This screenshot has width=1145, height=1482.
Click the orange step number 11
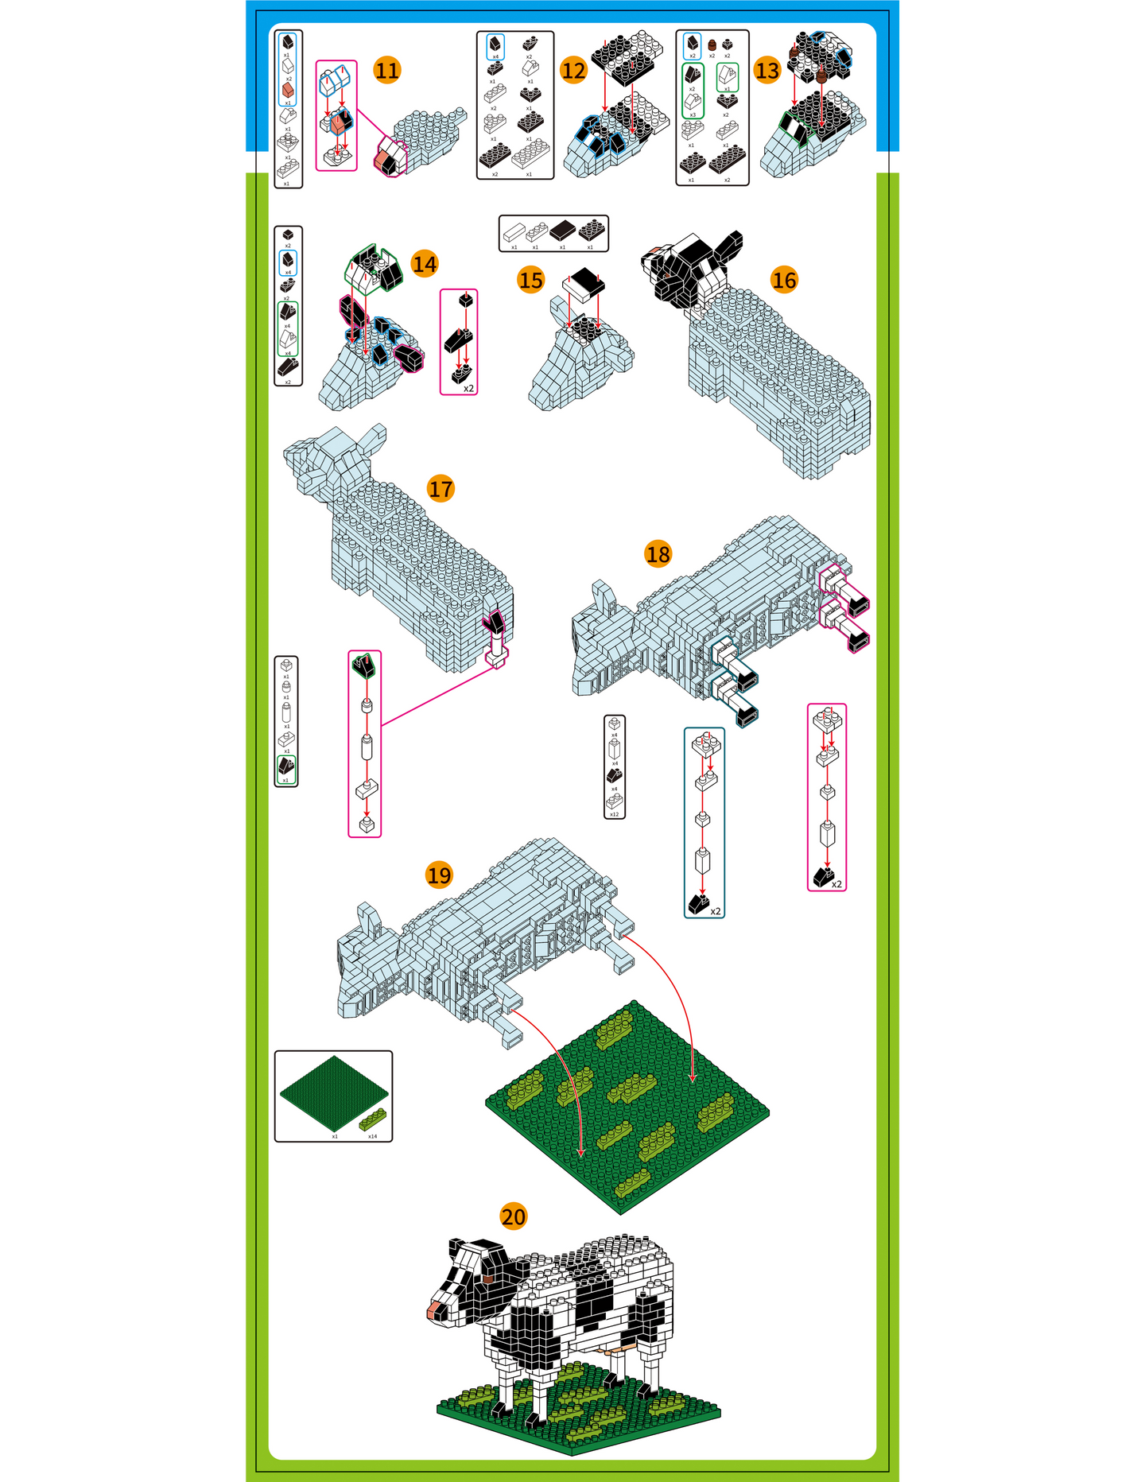[387, 71]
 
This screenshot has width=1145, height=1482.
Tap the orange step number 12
[573, 71]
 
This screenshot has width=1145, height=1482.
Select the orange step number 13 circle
[767, 71]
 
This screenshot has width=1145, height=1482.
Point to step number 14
[425, 264]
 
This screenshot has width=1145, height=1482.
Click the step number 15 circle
[530, 280]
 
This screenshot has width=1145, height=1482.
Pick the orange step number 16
[784, 280]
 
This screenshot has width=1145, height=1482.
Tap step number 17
[441, 488]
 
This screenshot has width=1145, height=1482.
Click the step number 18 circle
[658, 554]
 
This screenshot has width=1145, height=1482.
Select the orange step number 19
[439, 875]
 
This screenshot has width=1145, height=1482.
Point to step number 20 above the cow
[514, 1217]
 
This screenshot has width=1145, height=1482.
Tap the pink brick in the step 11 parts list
[288, 91]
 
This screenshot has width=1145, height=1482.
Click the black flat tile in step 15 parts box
[563, 231]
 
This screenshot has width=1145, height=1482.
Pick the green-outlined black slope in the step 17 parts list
[286, 767]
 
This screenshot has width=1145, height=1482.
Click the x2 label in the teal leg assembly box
[716, 911]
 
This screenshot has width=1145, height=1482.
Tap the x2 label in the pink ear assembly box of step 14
[469, 389]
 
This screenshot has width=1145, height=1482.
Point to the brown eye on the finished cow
[487, 1277]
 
